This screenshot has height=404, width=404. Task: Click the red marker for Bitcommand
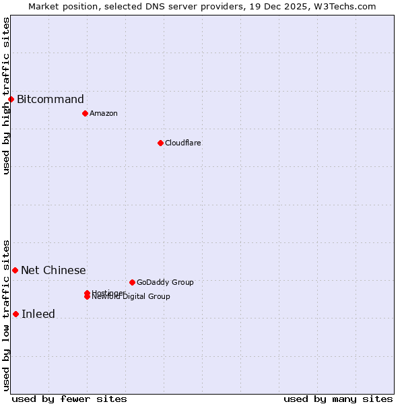[11, 100]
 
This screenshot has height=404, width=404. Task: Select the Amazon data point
[85, 113]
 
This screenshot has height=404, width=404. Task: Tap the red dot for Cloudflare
[160, 143]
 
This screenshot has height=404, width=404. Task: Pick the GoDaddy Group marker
[132, 282]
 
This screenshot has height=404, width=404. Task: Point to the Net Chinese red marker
[15, 270]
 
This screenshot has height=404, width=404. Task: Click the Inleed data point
[15, 314]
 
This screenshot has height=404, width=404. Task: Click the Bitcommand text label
[50, 100]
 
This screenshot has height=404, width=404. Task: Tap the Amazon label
[104, 113]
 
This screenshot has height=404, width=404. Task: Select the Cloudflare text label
[183, 143]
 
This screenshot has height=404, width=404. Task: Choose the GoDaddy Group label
[165, 282]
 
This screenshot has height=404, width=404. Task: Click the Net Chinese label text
[53, 271]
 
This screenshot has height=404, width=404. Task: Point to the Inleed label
[38, 314]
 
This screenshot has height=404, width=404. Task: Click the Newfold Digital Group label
[132, 297]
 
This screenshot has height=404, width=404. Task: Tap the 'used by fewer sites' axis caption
[69, 399]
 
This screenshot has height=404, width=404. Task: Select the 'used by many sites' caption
[338, 399]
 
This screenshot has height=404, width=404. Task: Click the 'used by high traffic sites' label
[6, 96]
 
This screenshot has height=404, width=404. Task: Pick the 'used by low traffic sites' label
[6, 314]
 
